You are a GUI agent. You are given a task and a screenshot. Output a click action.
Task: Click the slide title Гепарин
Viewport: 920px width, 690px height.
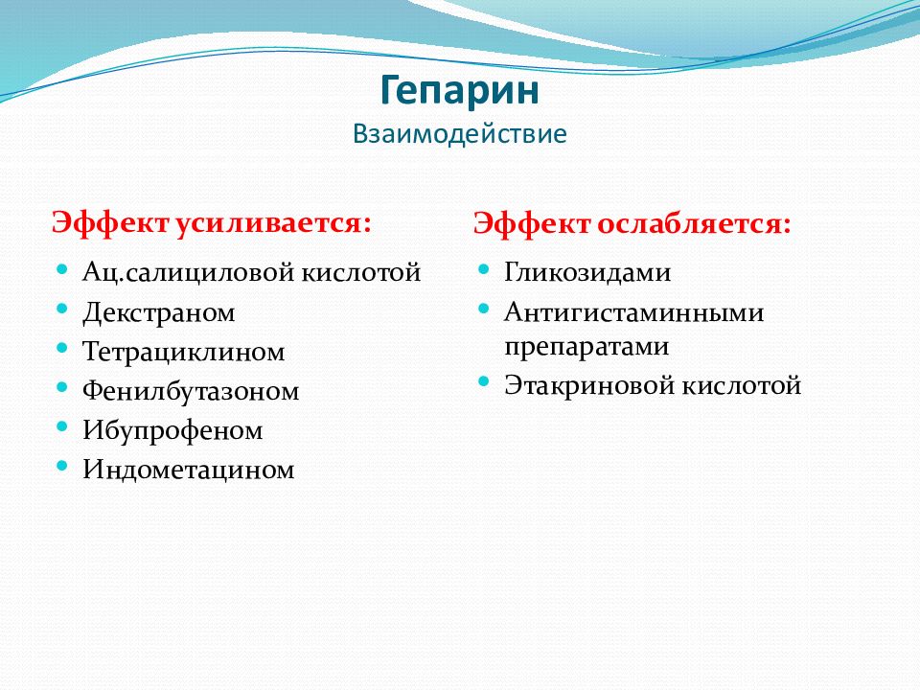(x=459, y=91)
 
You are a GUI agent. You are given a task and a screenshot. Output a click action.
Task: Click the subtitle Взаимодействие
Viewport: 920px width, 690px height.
(x=459, y=134)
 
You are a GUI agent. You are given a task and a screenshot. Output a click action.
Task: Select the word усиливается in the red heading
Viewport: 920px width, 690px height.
(x=273, y=223)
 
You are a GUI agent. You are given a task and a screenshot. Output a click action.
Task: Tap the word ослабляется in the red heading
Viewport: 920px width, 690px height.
(x=694, y=224)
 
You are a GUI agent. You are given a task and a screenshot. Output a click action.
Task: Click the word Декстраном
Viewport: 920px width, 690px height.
(x=158, y=312)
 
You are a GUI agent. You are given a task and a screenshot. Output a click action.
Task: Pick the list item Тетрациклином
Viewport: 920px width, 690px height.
(x=184, y=352)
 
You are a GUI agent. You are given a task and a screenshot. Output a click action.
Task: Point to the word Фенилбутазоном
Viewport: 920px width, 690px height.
(x=191, y=391)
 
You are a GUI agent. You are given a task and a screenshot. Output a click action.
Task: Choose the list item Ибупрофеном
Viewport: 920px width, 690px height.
(x=172, y=430)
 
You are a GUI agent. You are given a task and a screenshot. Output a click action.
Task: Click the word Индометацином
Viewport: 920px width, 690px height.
(x=189, y=470)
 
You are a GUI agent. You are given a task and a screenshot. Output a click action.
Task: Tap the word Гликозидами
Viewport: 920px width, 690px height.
(x=587, y=273)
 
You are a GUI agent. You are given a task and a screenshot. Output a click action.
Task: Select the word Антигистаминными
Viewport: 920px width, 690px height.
(x=633, y=312)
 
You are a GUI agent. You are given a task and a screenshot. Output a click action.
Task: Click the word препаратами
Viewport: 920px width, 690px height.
(x=586, y=347)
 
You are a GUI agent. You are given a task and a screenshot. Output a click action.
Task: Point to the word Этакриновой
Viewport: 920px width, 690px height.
(x=589, y=385)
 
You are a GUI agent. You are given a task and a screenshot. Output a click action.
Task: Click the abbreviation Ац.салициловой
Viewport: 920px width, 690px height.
(x=189, y=273)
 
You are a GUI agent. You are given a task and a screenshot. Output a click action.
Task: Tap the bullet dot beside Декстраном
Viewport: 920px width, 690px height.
(x=63, y=309)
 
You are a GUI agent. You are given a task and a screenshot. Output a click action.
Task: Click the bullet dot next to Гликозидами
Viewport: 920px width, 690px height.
(x=483, y=269)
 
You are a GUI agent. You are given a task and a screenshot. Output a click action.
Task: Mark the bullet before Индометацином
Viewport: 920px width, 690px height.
(x=63, y=466)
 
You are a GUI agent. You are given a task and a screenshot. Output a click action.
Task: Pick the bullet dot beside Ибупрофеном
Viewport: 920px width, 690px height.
(x=63, y=426)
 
